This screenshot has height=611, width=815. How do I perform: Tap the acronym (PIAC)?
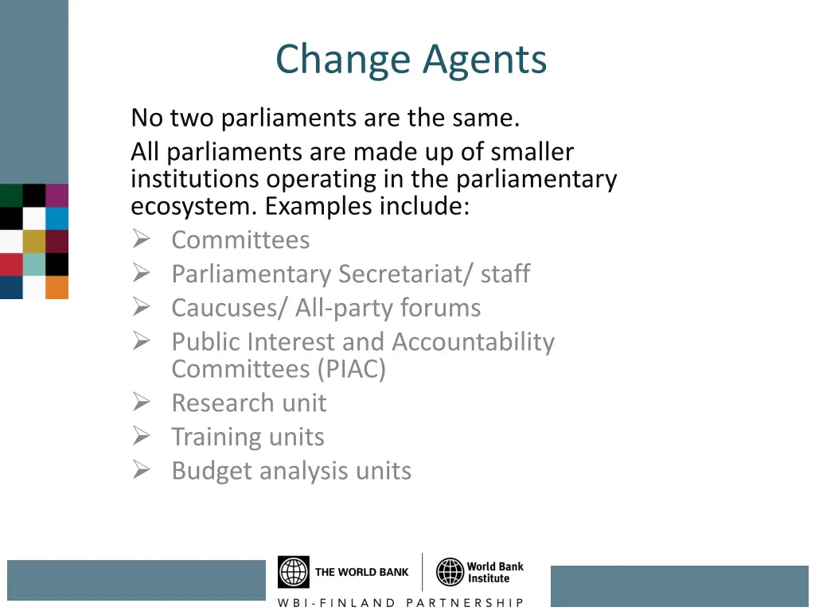point(351,369)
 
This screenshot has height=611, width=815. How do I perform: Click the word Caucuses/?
point(230,308)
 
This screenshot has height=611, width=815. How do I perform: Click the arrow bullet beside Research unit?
point(142,403)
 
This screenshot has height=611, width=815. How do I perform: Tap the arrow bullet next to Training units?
point(142,437)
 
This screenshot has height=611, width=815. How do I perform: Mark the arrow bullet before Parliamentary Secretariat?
point(142,274)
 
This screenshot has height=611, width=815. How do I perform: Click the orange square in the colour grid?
point(57,287)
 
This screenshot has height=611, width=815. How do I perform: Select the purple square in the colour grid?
point(57,196)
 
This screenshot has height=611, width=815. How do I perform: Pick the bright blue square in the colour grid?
point(57,219)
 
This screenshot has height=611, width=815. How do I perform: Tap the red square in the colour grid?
point(11,264)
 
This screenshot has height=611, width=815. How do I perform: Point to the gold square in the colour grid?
point(34,241)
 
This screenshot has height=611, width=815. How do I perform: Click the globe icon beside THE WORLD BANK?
point(293,572)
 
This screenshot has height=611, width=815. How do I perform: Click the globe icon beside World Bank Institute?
point(450,572)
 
